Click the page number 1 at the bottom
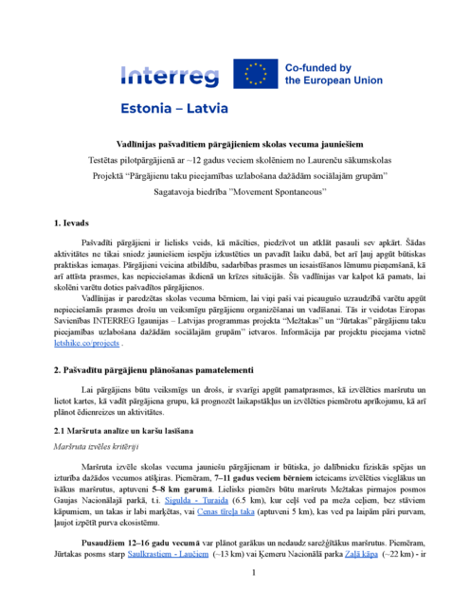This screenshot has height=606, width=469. tap(253, 574)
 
